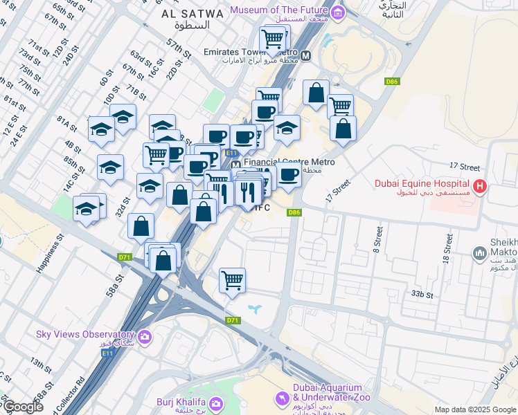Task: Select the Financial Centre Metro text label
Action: [x=289, y=162]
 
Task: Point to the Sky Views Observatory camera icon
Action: [x=145, y=337]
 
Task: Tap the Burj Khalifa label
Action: [x=179, y=403]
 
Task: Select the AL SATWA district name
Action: [x=192, y=14]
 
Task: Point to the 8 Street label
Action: [x=379, y=237]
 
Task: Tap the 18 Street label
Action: [x=449, y=249]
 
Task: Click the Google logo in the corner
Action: [x=22, y=407]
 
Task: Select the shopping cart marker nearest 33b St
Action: [x=233, y=280]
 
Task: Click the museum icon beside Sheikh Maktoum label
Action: [x=479, y=255]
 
